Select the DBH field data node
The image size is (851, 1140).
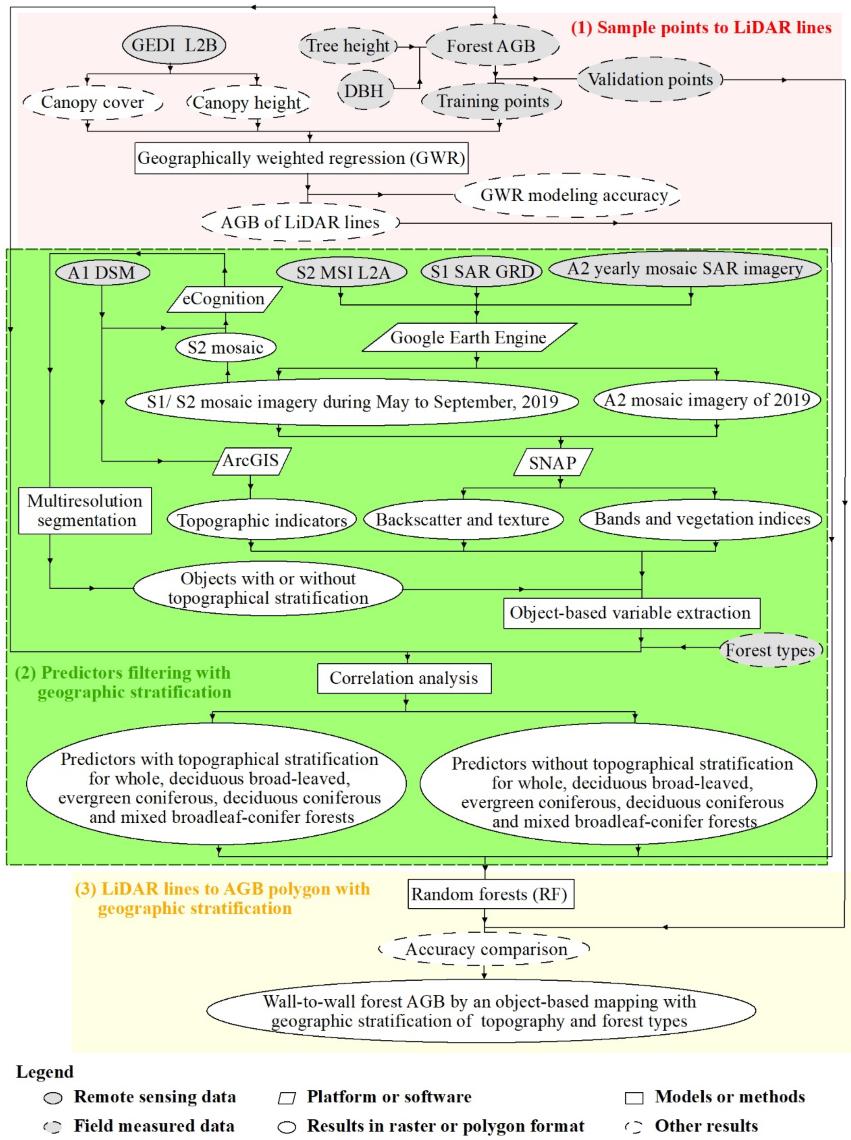click(x=364, y=91)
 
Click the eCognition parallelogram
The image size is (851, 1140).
click(x=224, y=299)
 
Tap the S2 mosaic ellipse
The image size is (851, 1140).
click(x=225, y=348)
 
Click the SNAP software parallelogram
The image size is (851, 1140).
click(x=553, y=462)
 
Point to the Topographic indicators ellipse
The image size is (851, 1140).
click(x=262, y=520)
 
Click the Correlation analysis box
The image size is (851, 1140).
click(x=404, y=678)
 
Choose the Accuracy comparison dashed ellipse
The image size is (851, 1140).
click(x=485, y=949)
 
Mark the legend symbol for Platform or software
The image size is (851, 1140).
click(x=287, y=1098)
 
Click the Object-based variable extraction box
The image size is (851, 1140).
click(x=631, y=613)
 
